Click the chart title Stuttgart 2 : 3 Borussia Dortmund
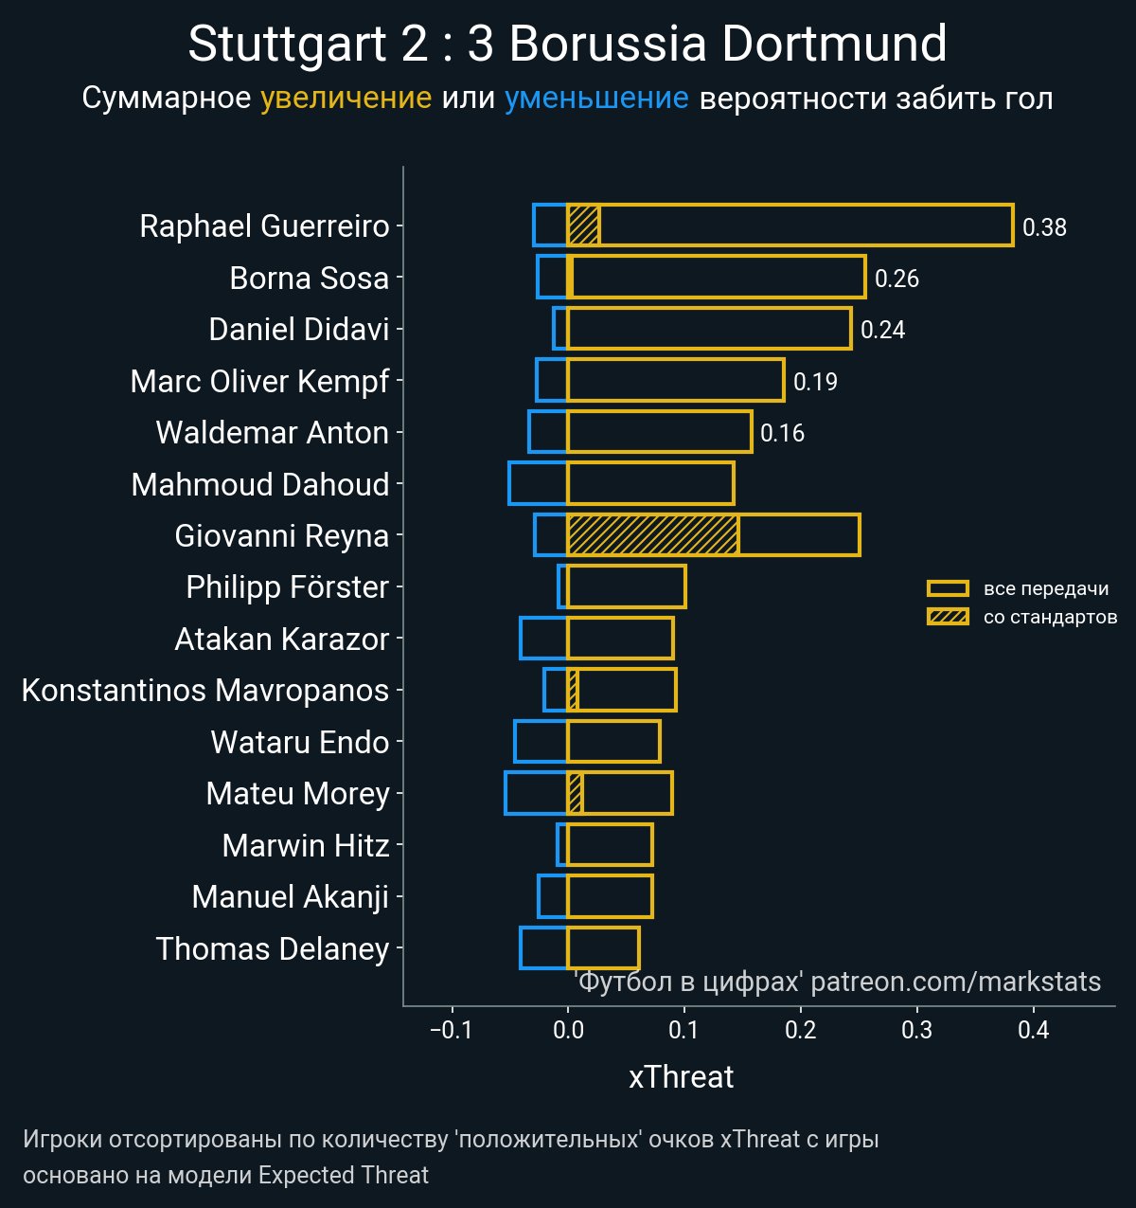click(x=567, y=44)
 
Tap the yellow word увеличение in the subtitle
click(x=346, y=98)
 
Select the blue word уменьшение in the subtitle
click(x=596, y=98)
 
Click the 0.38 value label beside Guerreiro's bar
click(x=1044, y=227)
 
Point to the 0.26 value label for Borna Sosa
click(x=896, y=279)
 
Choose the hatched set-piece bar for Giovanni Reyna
click(x=653, y=535)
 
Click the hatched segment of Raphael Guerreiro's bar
click(x=583, y=225)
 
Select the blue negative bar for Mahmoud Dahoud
click(x=538, y=483)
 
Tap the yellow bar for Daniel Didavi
click(x=710, y=329)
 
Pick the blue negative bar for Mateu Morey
click(x=536, y=794)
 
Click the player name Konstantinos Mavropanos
click(x=205, y=691)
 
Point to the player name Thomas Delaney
click(x=273, y=948)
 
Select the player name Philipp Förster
click(x=287, y=587)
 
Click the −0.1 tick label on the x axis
click(x=451, y=1031)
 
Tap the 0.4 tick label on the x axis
click(x=1034, y=1031)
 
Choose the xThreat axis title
click(x=682, y=1077)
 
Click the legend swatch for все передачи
click(x=948, y=588)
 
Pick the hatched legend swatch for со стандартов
click(x=948, y=617)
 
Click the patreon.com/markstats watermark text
click(x=956, y=982)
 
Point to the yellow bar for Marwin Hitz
click(x=611, y=845)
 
